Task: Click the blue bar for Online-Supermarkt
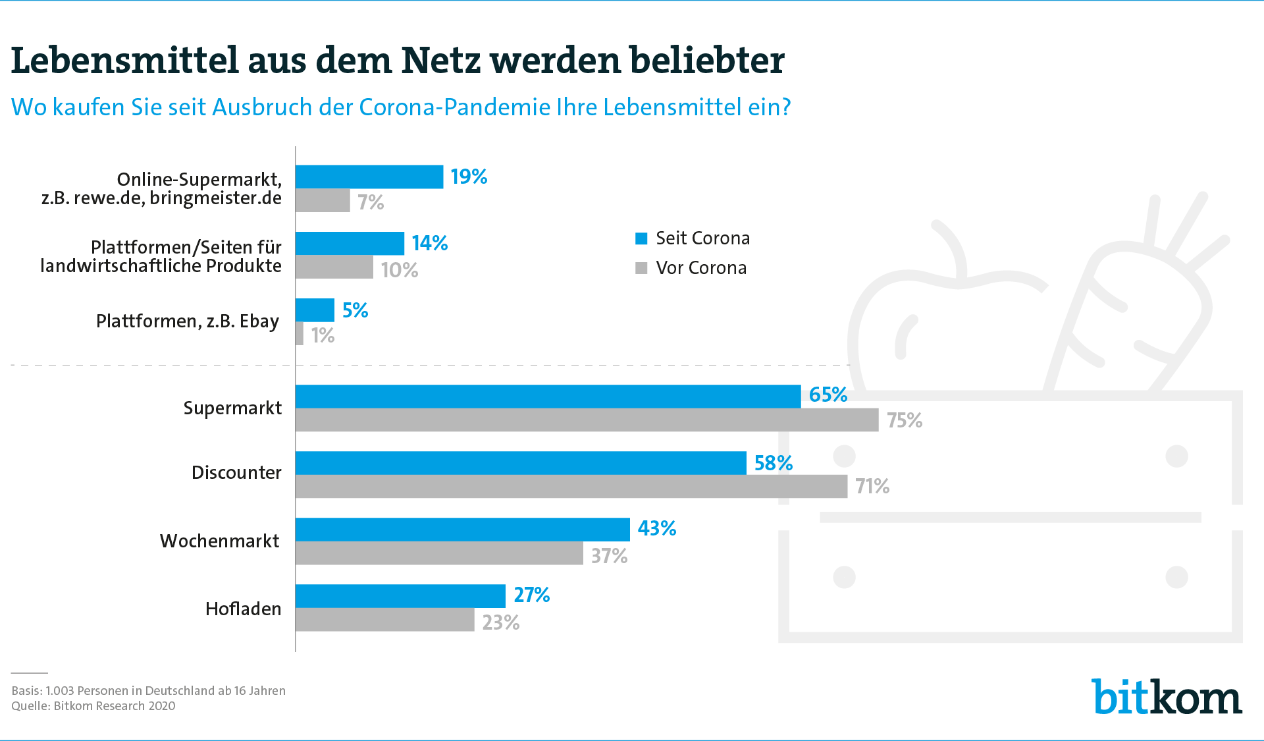[x=369, y=177]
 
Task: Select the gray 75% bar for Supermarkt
[x=587, y=420]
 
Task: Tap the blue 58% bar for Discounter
[x=521, y=463]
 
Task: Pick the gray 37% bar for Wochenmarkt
[x=439, y=553]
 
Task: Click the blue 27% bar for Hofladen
[x=400, y=596]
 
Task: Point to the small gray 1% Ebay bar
[x=300, y=334]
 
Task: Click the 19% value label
[x=469, y=177]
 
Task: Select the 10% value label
[x=400, y=270]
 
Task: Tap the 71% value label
[x=872, y=487]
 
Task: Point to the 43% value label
[x=657, y=528]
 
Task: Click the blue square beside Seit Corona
[x=641, y=238]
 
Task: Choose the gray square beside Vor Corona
[x=641, y=268]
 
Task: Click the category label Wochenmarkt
[x=220, y=541]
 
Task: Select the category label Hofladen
[x=243, y=609]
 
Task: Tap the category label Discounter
[x=236, y=472]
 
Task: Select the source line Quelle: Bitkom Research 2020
[x=93, y=706]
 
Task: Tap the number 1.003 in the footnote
[x=59, y=691]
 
